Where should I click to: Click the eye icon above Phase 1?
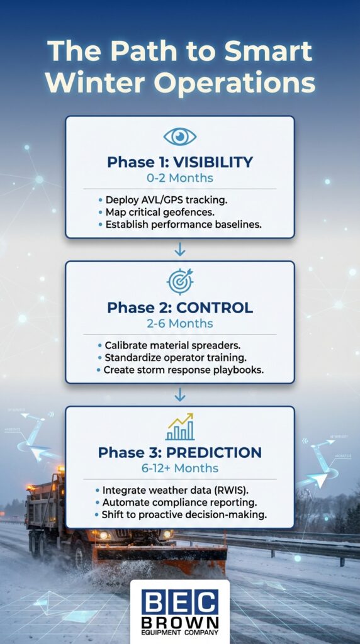[179, 137]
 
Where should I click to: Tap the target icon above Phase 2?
[180, 282]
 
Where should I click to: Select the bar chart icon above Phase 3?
[180, 427]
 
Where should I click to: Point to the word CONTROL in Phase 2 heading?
[215, 308]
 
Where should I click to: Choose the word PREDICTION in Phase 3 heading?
[220, 453]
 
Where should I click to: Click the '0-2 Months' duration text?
[180, 179]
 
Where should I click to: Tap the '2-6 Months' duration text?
[180, 324]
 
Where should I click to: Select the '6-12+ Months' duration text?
[180, 469]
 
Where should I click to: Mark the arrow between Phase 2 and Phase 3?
[180, 394]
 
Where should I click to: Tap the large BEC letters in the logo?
[179, 602]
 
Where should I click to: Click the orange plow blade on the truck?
[160, 553]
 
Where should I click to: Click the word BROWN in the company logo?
[179, 625]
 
